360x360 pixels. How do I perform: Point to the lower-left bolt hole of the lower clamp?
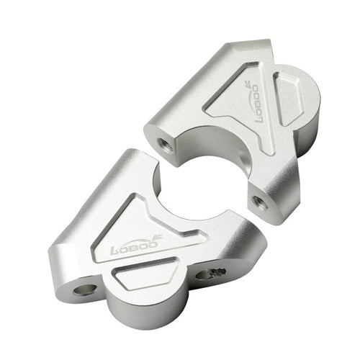coord(87,289)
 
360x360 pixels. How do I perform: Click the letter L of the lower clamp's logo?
coord(115,252)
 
